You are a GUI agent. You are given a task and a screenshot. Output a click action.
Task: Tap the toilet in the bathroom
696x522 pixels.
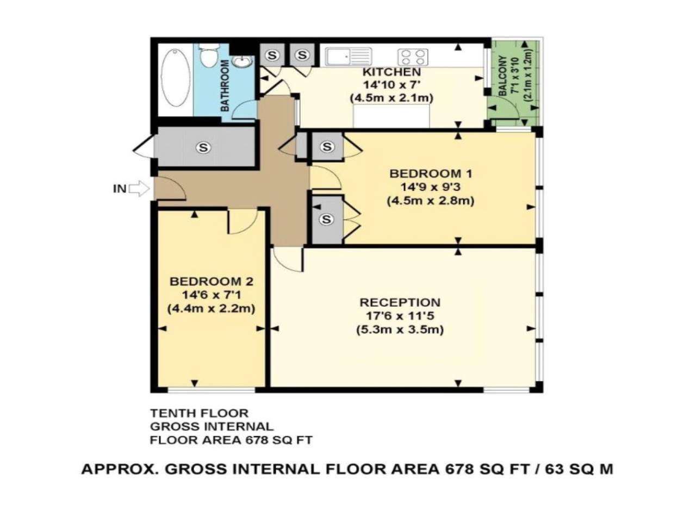[208, 56]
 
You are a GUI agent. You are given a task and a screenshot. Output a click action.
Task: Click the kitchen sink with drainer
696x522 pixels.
[348, 56]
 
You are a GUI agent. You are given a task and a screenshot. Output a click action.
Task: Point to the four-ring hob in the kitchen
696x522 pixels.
[413, 57]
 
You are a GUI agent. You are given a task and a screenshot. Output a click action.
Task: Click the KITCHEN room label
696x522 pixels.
[391, 72]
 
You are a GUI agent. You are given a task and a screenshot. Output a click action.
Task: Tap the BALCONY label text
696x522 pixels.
[502, 76]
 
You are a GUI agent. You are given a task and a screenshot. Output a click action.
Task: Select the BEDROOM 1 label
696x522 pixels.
[431, 174]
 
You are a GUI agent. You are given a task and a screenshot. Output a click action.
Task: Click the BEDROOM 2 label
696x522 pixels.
[211, 282]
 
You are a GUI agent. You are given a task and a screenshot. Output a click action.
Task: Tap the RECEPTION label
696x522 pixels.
[400, 303]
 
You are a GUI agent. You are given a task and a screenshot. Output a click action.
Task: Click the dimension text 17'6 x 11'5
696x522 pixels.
[400, 316]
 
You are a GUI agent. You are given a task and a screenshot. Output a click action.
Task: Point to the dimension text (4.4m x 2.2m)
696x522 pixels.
[211, 308]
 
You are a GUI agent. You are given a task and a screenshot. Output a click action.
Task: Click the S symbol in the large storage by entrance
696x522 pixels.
[203, 147]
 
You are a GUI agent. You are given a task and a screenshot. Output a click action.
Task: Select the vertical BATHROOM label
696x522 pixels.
[225, 85]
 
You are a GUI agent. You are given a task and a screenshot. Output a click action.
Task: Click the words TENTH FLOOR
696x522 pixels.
[199, 414]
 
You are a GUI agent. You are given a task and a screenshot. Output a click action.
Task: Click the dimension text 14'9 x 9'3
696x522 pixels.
[431, 188]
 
